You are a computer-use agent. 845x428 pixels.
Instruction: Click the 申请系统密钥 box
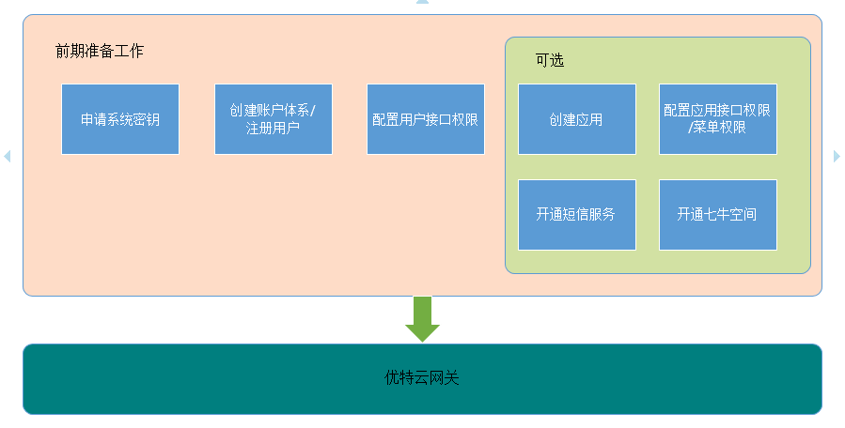(120, 119)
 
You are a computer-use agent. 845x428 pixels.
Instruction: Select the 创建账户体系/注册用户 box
(274, 119)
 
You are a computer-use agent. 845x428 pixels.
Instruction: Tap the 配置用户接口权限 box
(426, 119)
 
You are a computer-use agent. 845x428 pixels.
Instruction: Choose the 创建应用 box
(576, 119)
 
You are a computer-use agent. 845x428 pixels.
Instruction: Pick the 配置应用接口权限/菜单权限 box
(718, 119)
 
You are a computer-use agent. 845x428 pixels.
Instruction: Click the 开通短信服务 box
(576, 215)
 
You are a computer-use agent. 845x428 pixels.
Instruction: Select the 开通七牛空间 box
(718, 215)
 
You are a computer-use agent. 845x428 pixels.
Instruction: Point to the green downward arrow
(423, 319)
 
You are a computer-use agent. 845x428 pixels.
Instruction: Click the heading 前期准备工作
(100, 51)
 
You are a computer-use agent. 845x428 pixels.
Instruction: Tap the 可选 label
(550, 60)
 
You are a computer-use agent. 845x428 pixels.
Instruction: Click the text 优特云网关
(422, 378)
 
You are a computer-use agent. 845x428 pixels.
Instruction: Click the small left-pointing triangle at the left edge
(7, 156)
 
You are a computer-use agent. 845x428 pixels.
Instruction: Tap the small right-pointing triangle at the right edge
(837, 156)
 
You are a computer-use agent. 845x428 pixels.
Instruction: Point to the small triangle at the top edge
(423, 2)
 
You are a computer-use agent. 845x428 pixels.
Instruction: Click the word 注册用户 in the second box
(273, 129)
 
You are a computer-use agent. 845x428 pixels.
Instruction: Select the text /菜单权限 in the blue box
(717, 128)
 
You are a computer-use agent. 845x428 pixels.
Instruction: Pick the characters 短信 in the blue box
(575, 215)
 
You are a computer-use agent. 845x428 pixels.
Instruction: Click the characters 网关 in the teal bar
(445, 378)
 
